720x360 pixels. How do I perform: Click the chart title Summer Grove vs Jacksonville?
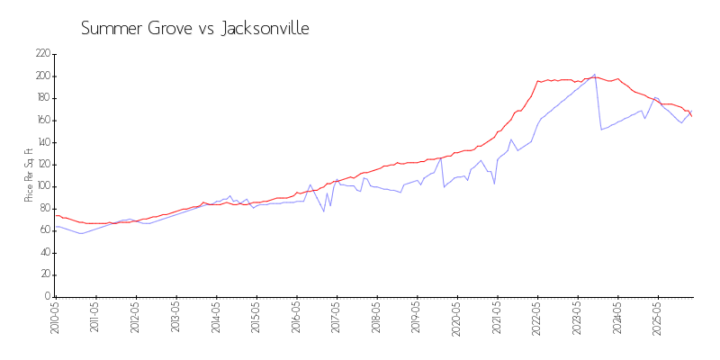[195, 29]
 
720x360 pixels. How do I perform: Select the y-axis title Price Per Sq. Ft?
[29, 175]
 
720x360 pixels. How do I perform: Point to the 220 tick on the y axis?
[42, 54]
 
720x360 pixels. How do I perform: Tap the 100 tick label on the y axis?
[42, 186]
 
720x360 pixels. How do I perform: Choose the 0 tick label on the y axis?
[48, 297]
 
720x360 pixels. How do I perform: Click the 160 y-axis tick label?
[42, 121]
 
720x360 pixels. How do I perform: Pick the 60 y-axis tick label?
[44, 230]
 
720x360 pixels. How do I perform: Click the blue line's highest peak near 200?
[594, 75]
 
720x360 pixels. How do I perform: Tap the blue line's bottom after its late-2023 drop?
[601, 130]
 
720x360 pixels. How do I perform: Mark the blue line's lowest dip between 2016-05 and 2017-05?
[324, 211]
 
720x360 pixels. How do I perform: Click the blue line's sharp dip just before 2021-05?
[494, 184]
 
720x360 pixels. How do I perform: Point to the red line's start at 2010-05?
[56, 215]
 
